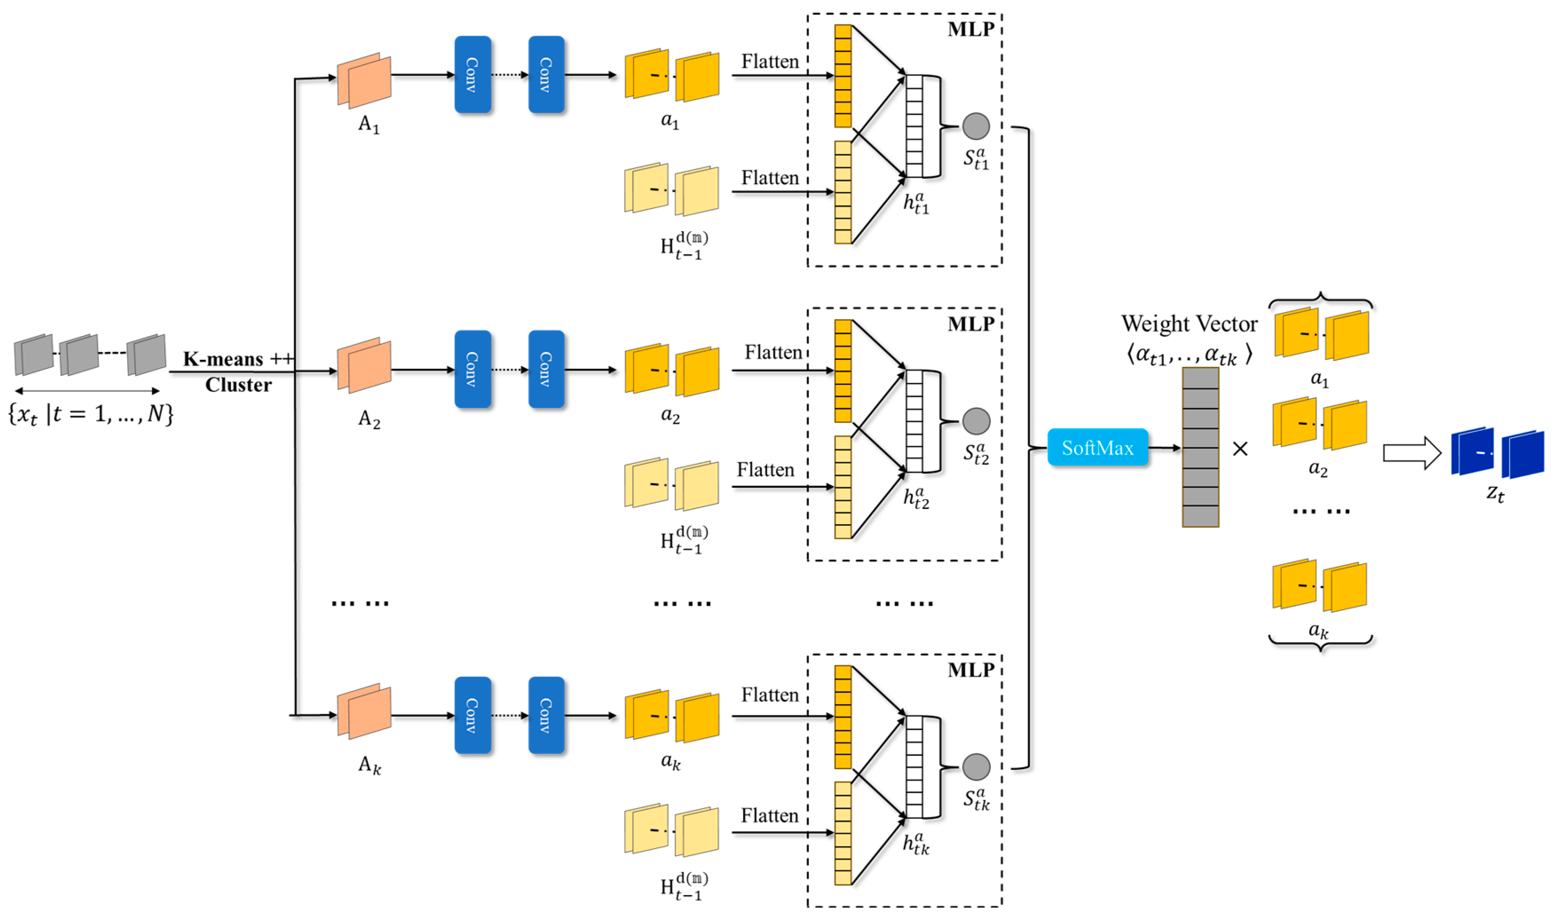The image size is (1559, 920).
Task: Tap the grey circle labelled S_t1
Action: (976, 126)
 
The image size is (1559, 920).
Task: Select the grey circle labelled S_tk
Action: (976, 767)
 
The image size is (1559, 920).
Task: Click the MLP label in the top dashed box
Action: (970, 29)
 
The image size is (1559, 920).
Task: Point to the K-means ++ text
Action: (237, 359)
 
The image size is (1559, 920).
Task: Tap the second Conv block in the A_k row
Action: (546, 715)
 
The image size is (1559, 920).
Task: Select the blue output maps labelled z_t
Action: (1496, 453)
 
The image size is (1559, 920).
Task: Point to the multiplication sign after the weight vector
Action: (1240, 448)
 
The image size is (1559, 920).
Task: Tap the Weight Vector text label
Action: (1189, 324)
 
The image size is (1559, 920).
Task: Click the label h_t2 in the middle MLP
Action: (916, 498)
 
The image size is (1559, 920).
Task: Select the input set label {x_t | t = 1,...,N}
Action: (91, 414)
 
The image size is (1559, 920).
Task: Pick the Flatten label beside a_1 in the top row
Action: (770, 61)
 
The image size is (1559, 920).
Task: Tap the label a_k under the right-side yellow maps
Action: (1318, 631)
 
